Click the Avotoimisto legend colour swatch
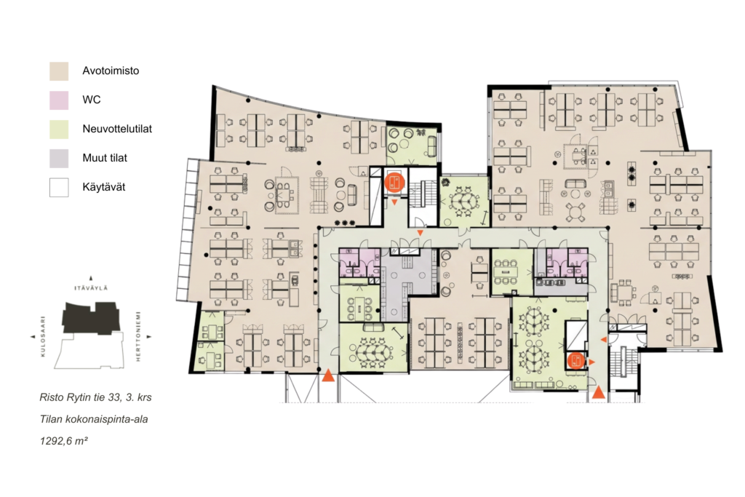pyautogui.click(x=59, y=71)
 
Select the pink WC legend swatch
pyautogui.click(x=59, y=100)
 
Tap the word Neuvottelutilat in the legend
pyautogui.click(x=117, y=129)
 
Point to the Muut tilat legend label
pyautogui.click(x=105, y=158)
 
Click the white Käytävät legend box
pyautogui.click(x=59, y=187)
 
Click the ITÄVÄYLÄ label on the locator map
pyautogui.click(x=91, y=288)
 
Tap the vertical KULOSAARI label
pyautogui.click(x=43, y=336)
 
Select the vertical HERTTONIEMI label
pyautogui.click(x=138, y=336)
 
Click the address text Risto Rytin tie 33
pyautogui.click(x=80, y=397)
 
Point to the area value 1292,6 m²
pyautogui.click(x=64, y=441)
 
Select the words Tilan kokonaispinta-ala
pyautogui.click(x=94, y=419)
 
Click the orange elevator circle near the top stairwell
pyautogui.click(x=394, y=181)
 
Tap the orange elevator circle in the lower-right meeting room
pyautogui.click(x=575, y=360)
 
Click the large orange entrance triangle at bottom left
pyautogui.click(x=328, y=375)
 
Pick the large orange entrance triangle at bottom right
pyautogui.click(x=599, y=392)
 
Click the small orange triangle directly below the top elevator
pyautogui.click(x=394, y=202)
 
